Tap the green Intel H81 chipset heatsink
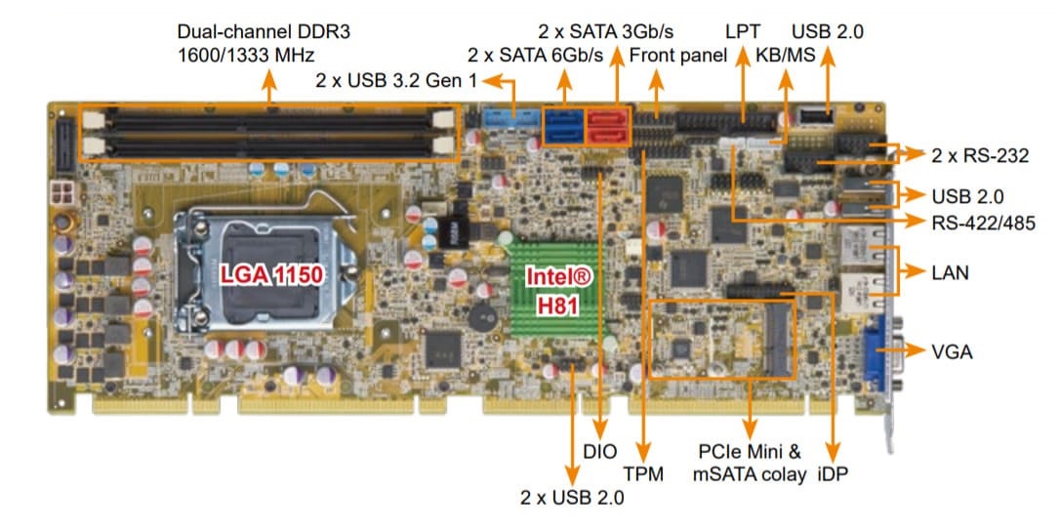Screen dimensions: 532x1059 559,289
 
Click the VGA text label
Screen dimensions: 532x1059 952,351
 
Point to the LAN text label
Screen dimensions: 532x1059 950,272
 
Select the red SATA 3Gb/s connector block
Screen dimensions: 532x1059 608,127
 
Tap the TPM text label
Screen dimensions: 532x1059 644,475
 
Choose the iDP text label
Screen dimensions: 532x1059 833,475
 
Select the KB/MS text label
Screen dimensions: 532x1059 784,56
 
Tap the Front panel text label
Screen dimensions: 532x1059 678,56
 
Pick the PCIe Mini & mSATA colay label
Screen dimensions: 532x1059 750,464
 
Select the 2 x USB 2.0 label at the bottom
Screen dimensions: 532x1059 572,498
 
